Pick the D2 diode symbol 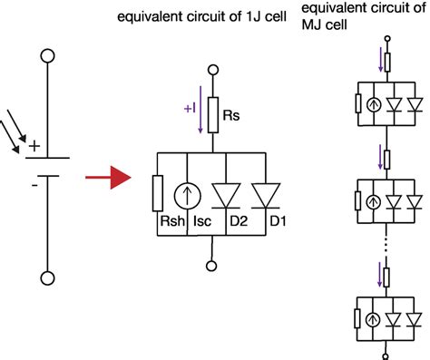(x=223, y=193)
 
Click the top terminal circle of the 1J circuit (x=213, y=69)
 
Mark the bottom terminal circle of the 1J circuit (x=213, y=265)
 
